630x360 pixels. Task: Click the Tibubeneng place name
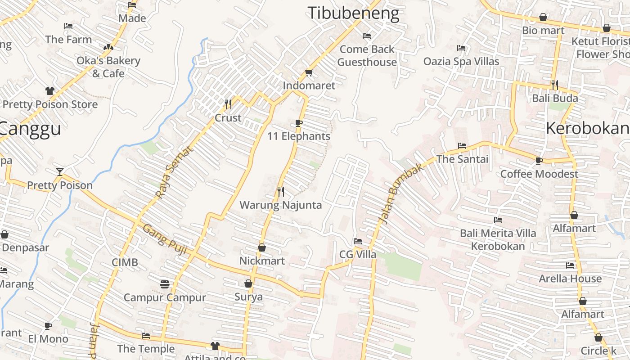point(353,13)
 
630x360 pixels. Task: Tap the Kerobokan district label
point(587,129)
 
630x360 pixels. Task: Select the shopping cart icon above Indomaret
point(309,72)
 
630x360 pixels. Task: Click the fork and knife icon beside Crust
point(228,104)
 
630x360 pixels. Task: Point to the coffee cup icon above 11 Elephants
point(298,123)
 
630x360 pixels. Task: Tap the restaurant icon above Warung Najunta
point(281,192)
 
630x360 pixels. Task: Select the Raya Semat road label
point(173,172)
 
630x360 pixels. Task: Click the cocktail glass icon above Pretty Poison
point(59,171)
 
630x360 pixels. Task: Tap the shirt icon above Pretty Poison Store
point(50,91)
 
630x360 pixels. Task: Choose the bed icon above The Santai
point(462,146)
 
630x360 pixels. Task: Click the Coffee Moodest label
point(539,174)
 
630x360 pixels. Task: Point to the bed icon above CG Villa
point(358,241)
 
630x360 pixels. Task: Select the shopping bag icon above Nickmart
point(262,247)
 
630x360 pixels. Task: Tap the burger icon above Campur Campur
point(164,284)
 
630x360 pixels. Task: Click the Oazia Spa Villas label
point(461,61)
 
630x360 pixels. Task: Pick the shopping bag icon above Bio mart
point(543,18)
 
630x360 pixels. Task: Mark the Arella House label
point(570,279)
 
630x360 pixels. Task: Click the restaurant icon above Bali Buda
point(555,85)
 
